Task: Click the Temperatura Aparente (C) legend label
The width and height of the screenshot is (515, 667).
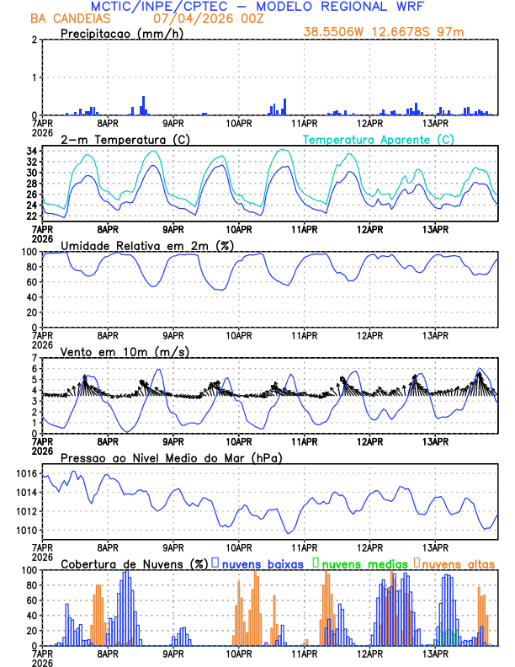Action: coord(378,139)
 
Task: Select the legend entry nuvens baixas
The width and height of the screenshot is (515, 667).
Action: coord(256,563)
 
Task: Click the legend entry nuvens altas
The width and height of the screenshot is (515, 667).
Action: coord(458,563)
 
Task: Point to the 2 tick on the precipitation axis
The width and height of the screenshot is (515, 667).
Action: coord(35,40)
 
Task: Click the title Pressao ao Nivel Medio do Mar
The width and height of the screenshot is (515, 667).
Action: coord(171,457)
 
